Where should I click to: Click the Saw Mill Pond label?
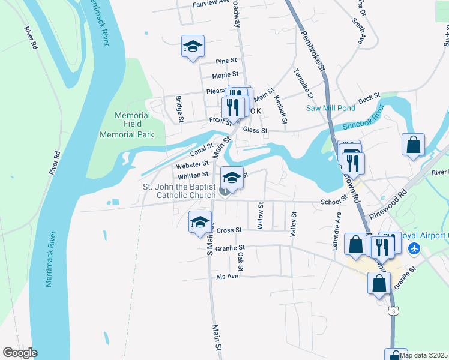click(x=331, y=108)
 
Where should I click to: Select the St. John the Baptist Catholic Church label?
click(x=179, y=191)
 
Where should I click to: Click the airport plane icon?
click(x=413, y=247)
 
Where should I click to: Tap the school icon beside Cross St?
click(x=200, y=223)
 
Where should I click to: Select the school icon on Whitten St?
click(x=232, y=177)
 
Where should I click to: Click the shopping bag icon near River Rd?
click(x=414, y=145)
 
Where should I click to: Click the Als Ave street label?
click(x=228, y=276)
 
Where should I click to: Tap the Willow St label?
click(x=261, y=215)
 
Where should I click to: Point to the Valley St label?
click(x=294, y=225)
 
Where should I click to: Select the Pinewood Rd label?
click(x=388, y=206)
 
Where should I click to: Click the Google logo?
click(x=20, y=353)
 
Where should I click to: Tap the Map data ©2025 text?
click(x=423, y=355)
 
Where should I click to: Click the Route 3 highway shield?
click(x=392, y=311)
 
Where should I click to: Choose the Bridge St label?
click(x=179, y=108)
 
